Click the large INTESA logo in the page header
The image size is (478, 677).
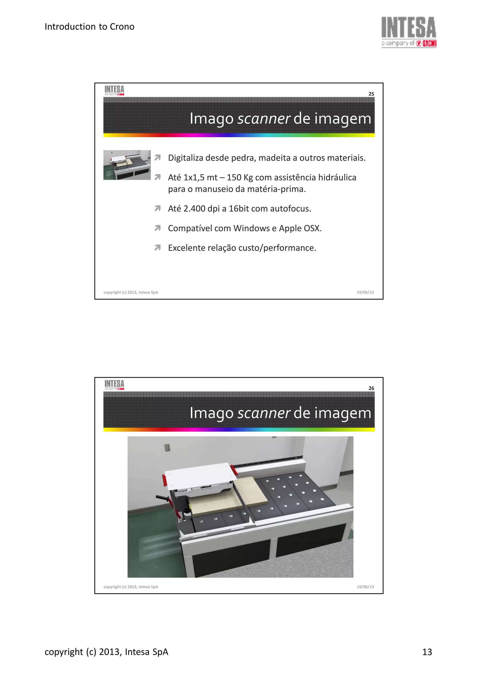[x=408, y=32]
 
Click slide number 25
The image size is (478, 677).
[x=371, y=94]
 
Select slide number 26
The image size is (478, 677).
[x=371, y=388]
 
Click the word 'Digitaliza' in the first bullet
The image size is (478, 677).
[x=186, y=158]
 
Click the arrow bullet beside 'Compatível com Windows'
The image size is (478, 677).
[x=158, y=228]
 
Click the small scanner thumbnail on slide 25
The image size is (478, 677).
[x=127, y=165]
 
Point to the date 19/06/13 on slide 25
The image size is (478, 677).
[x=365, y=292]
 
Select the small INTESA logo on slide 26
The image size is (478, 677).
[x=114, y=385]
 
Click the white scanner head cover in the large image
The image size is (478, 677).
[x=200, y=473]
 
